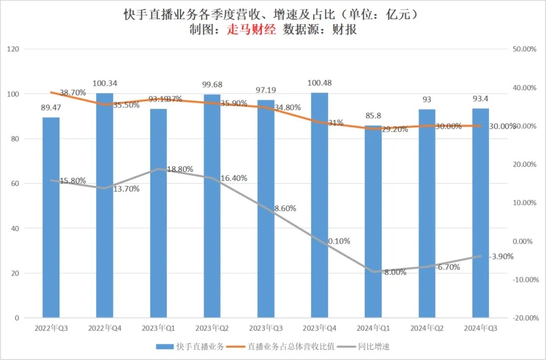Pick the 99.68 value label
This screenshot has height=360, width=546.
(212, 84)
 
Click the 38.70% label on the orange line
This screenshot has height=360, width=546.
(73, 93)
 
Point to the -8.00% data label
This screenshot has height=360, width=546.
(394, 272)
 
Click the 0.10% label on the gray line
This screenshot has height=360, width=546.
(339, 241)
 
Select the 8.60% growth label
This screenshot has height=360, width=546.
(285, 208)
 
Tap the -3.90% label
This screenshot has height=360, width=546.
(501, 256)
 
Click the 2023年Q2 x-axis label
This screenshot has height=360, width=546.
(212, 328)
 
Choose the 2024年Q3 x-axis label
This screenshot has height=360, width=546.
(480, 328)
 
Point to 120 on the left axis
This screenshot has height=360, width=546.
(13, 49)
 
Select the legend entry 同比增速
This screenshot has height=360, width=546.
(374, 347)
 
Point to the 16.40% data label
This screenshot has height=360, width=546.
(234, 178)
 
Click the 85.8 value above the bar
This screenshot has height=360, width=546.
(373, 116)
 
